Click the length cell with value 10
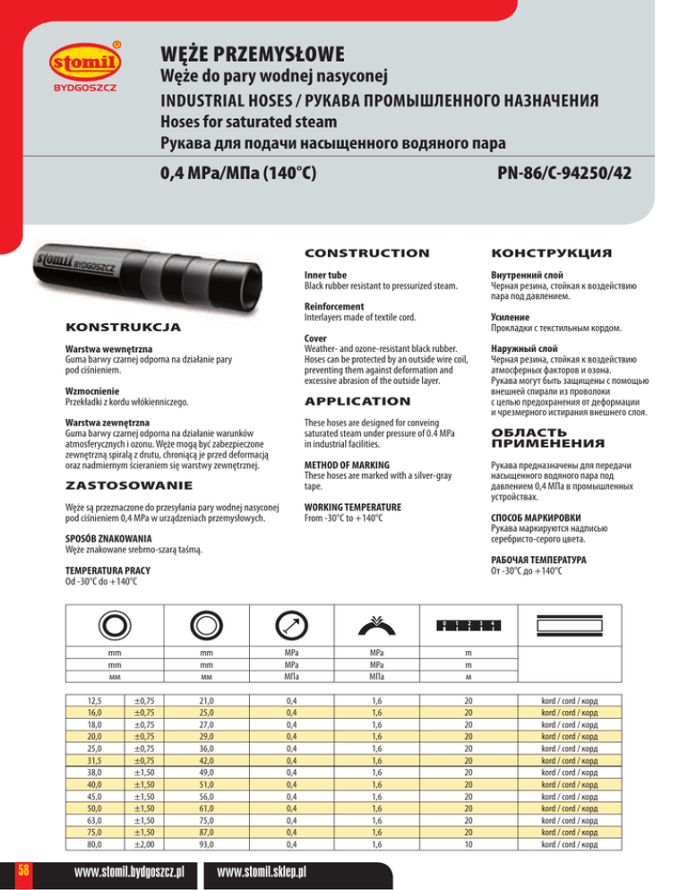tap(469, 843)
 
